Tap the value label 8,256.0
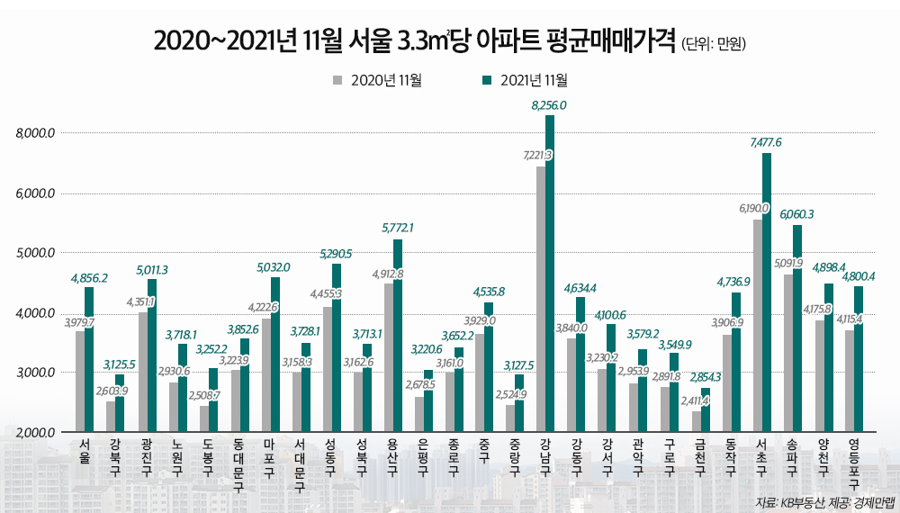point(549,105)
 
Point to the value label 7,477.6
point(766,142)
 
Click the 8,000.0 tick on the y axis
point(36,133)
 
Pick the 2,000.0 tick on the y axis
point(36,433)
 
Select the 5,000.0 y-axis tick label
point(36,253)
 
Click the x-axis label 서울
point(85,450)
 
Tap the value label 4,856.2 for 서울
point(89,278)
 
